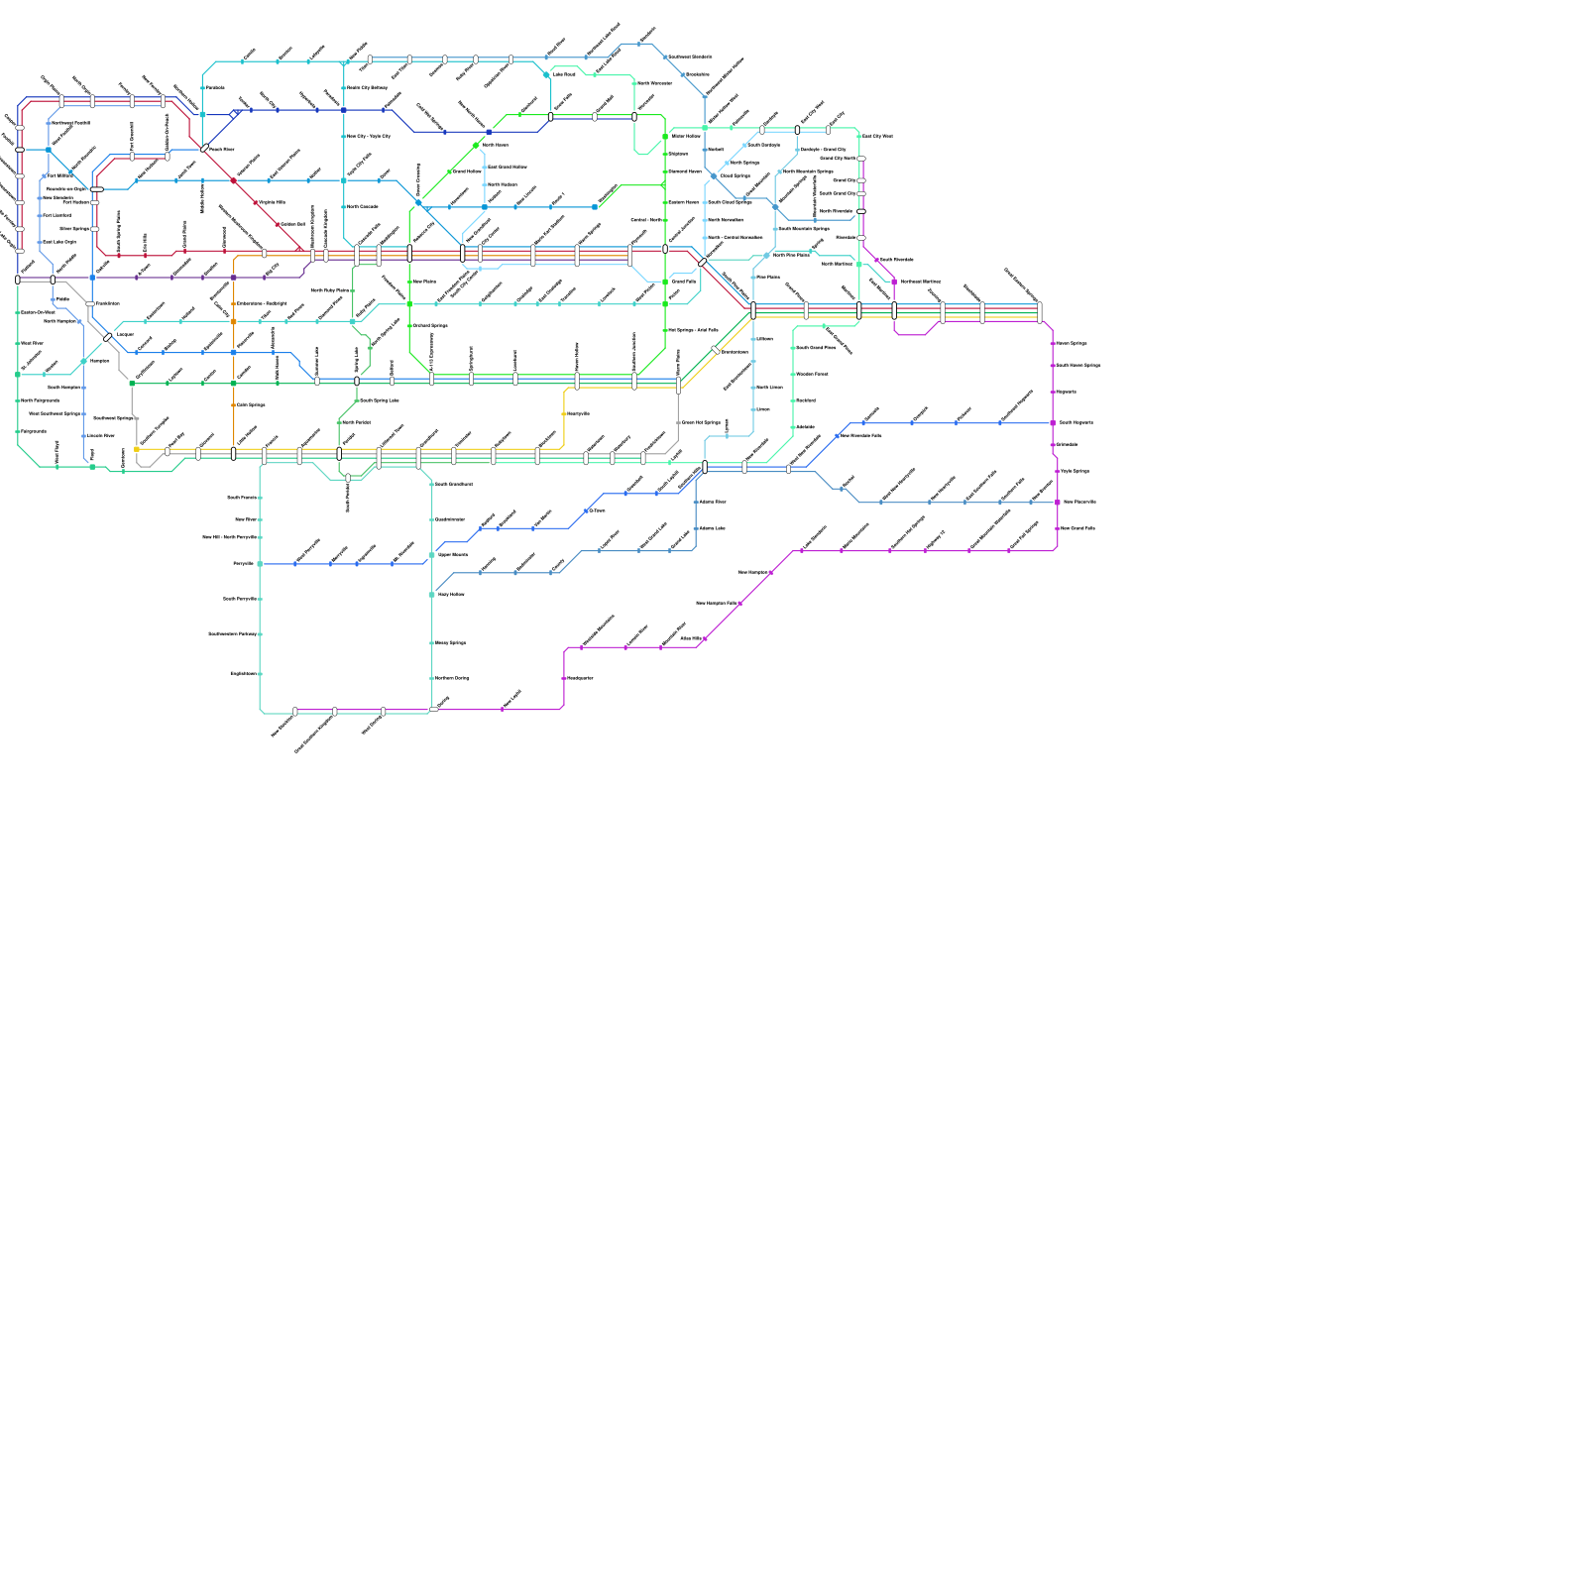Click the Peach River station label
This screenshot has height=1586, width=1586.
tap(221, 150)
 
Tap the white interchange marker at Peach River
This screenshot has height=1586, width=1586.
tap(205, 149)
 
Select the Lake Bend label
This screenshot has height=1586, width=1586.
tap(563, 74)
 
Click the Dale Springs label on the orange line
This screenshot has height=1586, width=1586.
tap(251, 404)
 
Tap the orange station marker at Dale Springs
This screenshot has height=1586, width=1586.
tap(234, 404)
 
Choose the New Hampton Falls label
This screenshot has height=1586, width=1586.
tap(716, 603)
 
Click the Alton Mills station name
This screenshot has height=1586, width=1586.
tap(690, 638)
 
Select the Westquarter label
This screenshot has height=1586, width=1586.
tap(580, 678)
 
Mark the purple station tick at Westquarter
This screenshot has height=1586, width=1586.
tap(564, 678)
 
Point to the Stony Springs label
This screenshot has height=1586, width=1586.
tap(450, 642)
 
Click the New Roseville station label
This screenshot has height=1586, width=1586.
tap(1079, 502)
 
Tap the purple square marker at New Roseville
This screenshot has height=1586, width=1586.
tap(1058, 503)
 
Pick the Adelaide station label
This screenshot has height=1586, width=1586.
tap(805, 427)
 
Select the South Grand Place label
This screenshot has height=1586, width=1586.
tap(816, 348)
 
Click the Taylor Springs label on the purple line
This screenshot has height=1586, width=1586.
tap(1075, 471)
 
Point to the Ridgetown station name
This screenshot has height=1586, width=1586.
tap(33, 431)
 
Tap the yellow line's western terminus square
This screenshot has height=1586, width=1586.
tap(137, 449)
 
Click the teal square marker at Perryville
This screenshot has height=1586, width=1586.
tap(260, 563)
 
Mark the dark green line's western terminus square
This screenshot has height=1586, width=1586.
tap(132, 384)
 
